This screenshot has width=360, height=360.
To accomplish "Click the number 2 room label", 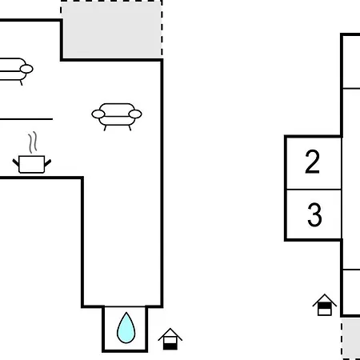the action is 312,162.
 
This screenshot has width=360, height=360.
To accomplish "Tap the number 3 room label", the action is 314,214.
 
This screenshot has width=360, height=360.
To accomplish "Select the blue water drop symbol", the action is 126,328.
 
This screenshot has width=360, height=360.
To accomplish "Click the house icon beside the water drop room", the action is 170,339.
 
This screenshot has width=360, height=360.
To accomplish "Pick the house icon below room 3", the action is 325,305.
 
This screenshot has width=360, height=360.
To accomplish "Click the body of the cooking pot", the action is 32,165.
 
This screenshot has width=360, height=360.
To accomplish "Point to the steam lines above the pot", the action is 33,142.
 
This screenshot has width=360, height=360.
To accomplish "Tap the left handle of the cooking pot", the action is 16,162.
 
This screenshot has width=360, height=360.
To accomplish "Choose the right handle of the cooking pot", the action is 48,162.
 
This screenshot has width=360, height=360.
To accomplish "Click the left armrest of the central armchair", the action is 98,114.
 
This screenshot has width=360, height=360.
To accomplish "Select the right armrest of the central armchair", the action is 135,114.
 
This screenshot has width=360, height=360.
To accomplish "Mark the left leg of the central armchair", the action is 105,128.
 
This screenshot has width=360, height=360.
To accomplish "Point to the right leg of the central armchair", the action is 130,128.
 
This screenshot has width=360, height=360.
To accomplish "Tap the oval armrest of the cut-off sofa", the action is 26,69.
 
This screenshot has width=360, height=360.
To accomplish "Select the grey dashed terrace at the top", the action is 112,29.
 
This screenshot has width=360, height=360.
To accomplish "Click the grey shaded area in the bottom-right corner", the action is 350,338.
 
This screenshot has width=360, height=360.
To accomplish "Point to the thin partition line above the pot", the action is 26,119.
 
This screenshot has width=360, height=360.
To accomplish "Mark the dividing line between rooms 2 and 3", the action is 314,190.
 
